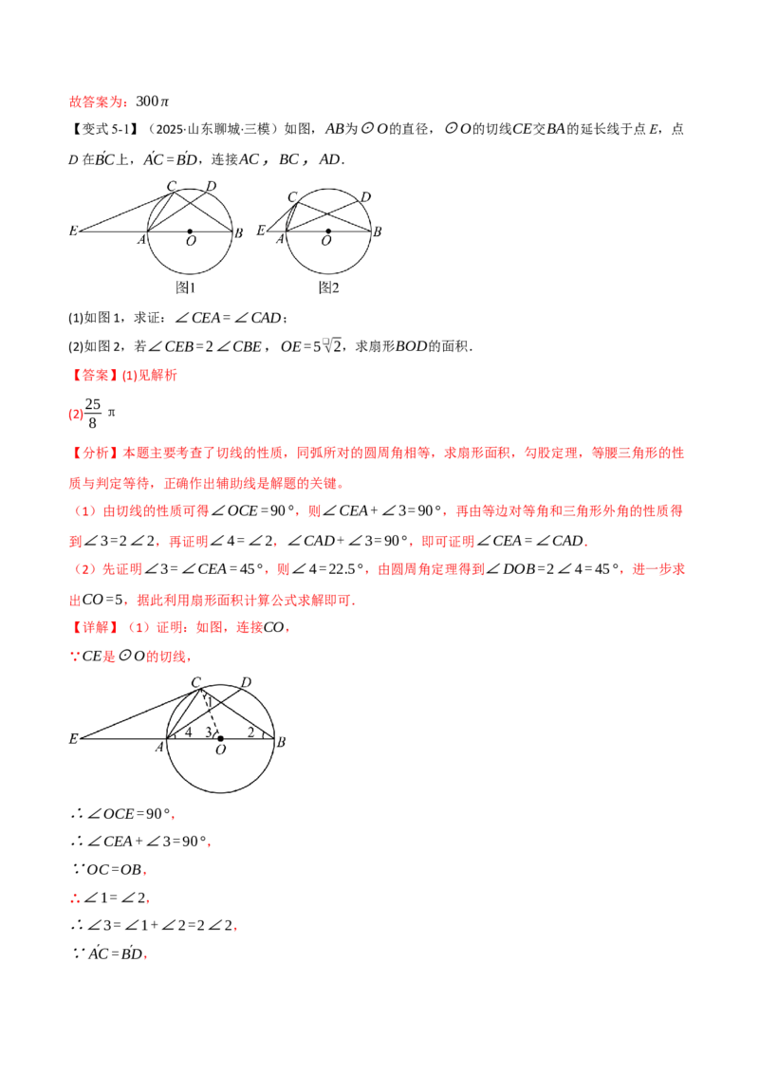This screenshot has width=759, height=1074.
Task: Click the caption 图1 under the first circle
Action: tap(186, 287)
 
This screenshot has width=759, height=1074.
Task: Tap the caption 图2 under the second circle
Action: tap(329, 287)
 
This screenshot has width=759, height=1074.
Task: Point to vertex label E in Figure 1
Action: tap(73, 231)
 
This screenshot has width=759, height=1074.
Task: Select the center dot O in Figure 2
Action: tap(328, 231)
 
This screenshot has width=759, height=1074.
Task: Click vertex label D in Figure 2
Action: tap(366, 197)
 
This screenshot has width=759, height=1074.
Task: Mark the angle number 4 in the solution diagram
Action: tap(189, 731)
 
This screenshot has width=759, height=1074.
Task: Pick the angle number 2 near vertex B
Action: tap(250, 731)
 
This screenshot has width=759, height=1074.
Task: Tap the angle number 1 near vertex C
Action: tap(210, 701)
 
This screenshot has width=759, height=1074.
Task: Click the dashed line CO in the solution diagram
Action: tap(210, 713)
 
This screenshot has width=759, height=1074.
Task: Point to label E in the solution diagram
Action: tap(73, 738)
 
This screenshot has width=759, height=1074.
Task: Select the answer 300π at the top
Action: tap(152, 102)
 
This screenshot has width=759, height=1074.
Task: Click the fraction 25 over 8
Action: tap(92, 413)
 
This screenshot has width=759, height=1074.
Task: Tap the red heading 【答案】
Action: tap(92, 376)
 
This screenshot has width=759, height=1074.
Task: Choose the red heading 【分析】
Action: tap(92, 454)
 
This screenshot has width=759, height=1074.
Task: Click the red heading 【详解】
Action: tap(92, 627)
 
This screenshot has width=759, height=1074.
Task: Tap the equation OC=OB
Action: tap(114, 870)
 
